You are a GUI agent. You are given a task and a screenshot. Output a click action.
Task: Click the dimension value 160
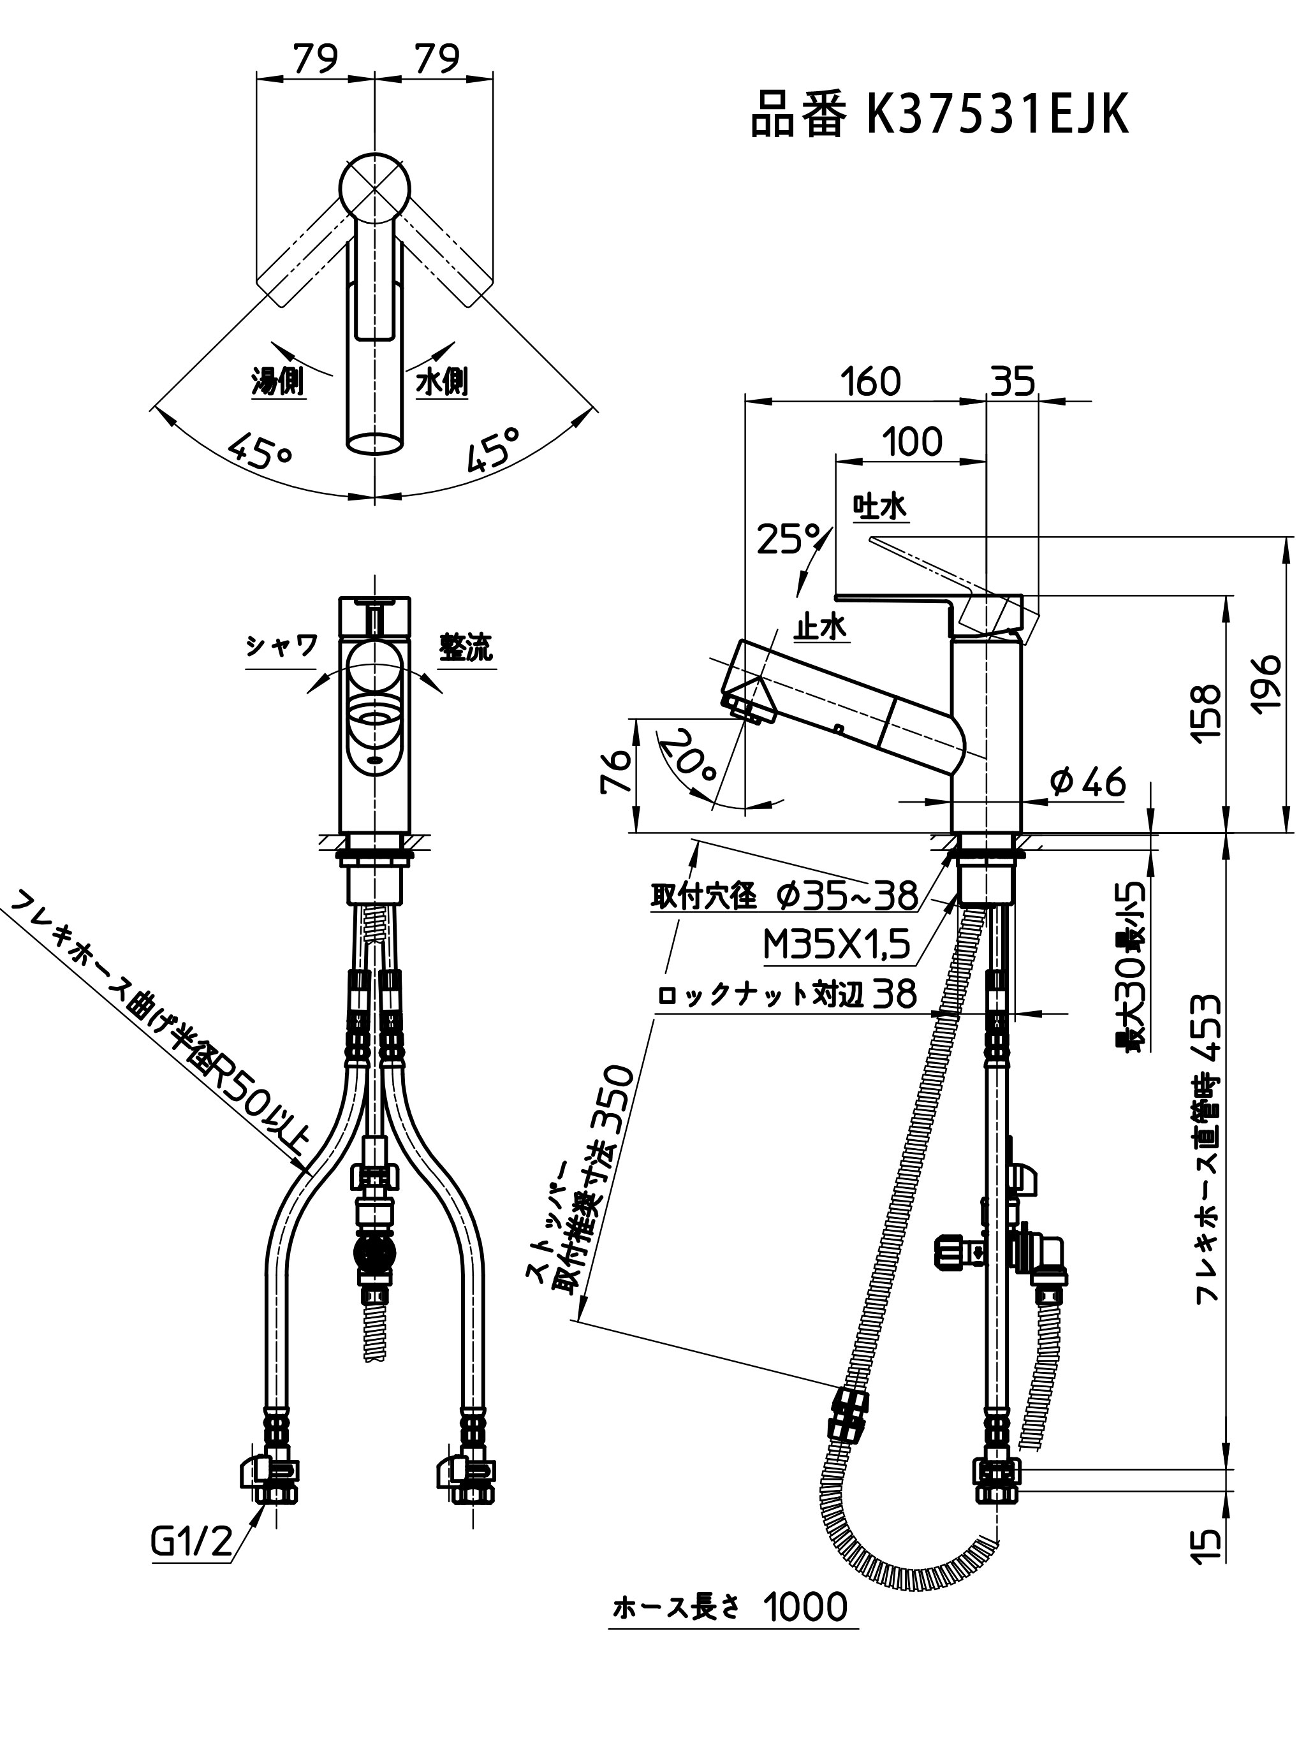[x=870, y=382]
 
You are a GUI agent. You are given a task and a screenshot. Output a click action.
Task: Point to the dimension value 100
[x=911, y=442]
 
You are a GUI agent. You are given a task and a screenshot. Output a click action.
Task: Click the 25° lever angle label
[x=789, y=539]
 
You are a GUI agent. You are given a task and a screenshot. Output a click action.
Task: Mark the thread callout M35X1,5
[x=837, y=945]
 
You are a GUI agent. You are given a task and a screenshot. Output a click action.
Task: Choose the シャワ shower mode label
[x=281, y=647]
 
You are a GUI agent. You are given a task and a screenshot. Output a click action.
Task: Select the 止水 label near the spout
[x=821, y=628]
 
